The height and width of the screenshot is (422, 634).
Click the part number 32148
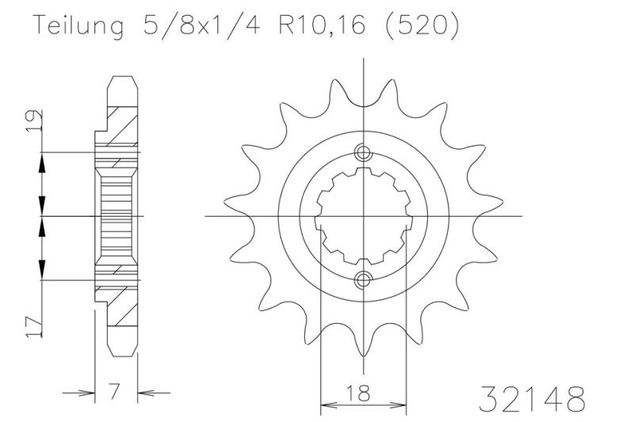[533, 397]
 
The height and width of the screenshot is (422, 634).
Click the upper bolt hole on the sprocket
[363, 153]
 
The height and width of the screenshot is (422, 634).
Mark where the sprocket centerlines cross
[363, 215]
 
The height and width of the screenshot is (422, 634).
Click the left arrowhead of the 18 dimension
[327, 405]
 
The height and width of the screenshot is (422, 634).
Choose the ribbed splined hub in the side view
[116, 215]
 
